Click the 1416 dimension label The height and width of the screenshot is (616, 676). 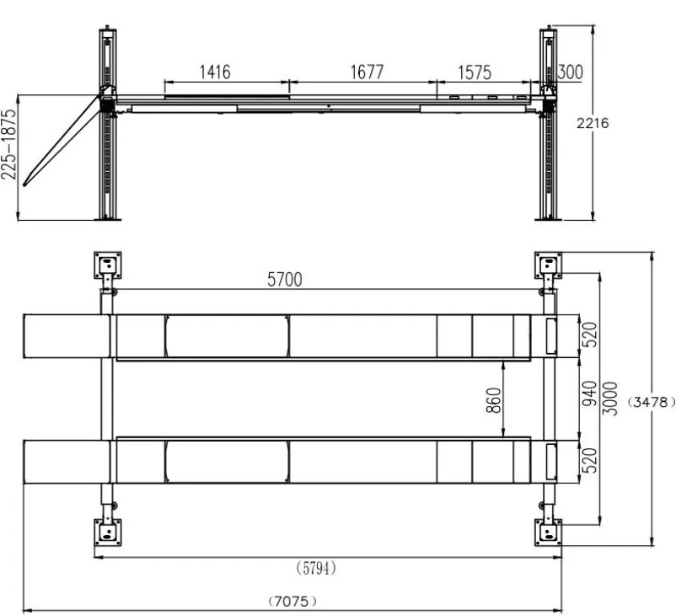[215, 72]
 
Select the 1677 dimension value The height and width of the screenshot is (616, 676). [367, 72]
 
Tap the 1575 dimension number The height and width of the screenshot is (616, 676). [475, 72]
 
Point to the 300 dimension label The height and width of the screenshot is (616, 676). [570, 72]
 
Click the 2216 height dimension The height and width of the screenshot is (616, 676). [593, 123]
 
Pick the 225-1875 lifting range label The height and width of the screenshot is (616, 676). [8, 144]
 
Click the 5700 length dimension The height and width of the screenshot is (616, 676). [285, 279]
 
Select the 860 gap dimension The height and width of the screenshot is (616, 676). [494, 400]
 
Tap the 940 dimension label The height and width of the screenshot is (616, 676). [589, 394]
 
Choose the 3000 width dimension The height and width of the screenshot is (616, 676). [609, 399]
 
